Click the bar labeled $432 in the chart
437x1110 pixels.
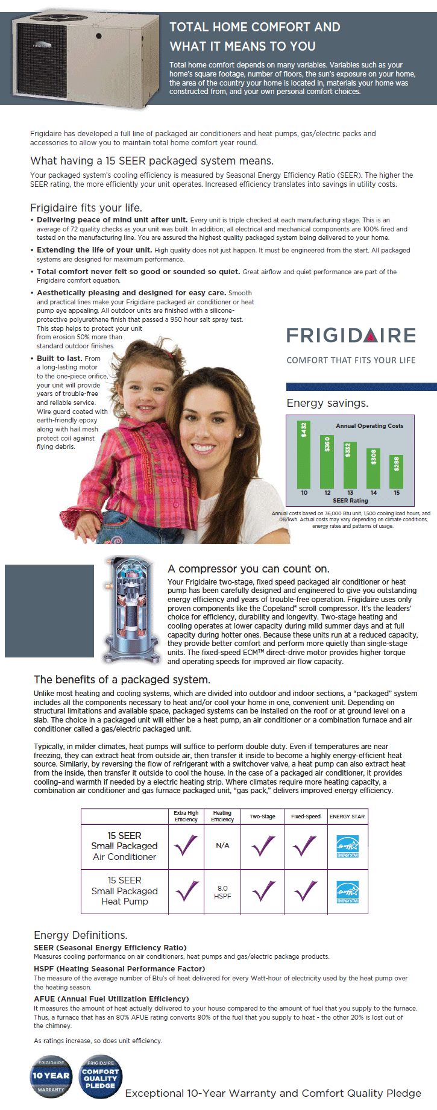[x=304, y=454]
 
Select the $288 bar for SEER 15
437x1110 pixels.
[x=396, y=471]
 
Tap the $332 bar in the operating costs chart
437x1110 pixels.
[x=350, y=465]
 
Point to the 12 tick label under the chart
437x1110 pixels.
[x=327, y=493]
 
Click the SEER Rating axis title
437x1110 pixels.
[x=350, y=501]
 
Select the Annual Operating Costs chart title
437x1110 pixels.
[x=369, y=425]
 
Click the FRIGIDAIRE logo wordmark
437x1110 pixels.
[x=351, y=335]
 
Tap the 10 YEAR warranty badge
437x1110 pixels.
[x=51, y=1076]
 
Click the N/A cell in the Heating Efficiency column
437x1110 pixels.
[x=222, y=845]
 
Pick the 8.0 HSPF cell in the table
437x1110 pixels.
[x=222, y=892]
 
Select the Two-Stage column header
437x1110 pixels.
[x=262, y=817]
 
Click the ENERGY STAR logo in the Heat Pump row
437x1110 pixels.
[x=347, y=892]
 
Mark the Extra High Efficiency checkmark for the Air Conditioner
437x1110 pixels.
[x=186, y=845]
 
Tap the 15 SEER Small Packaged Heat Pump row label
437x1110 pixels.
[x=125, y=891]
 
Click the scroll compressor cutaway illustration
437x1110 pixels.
[x=128, y=609]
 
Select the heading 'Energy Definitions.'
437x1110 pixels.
[x=81, y=935]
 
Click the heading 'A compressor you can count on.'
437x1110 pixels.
[x=248, y=569]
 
